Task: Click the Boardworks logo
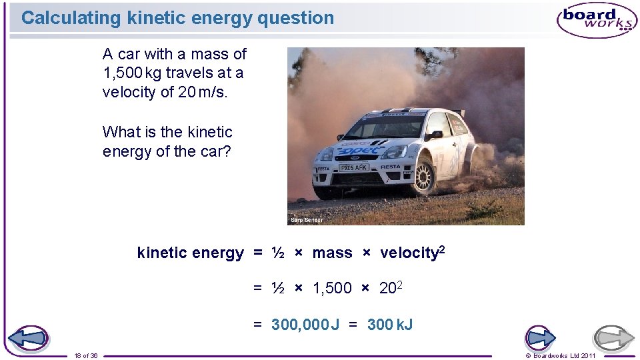point(597,20)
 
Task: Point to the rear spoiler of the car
point(458,112)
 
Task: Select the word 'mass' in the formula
point(332,253)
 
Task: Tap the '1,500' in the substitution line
point(332,288)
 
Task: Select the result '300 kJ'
point(390,325)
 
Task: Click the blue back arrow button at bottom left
point(27,339)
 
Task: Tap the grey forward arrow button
point(614,339)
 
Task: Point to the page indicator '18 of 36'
point(87,355)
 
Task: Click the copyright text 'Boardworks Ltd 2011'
point(563,355)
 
